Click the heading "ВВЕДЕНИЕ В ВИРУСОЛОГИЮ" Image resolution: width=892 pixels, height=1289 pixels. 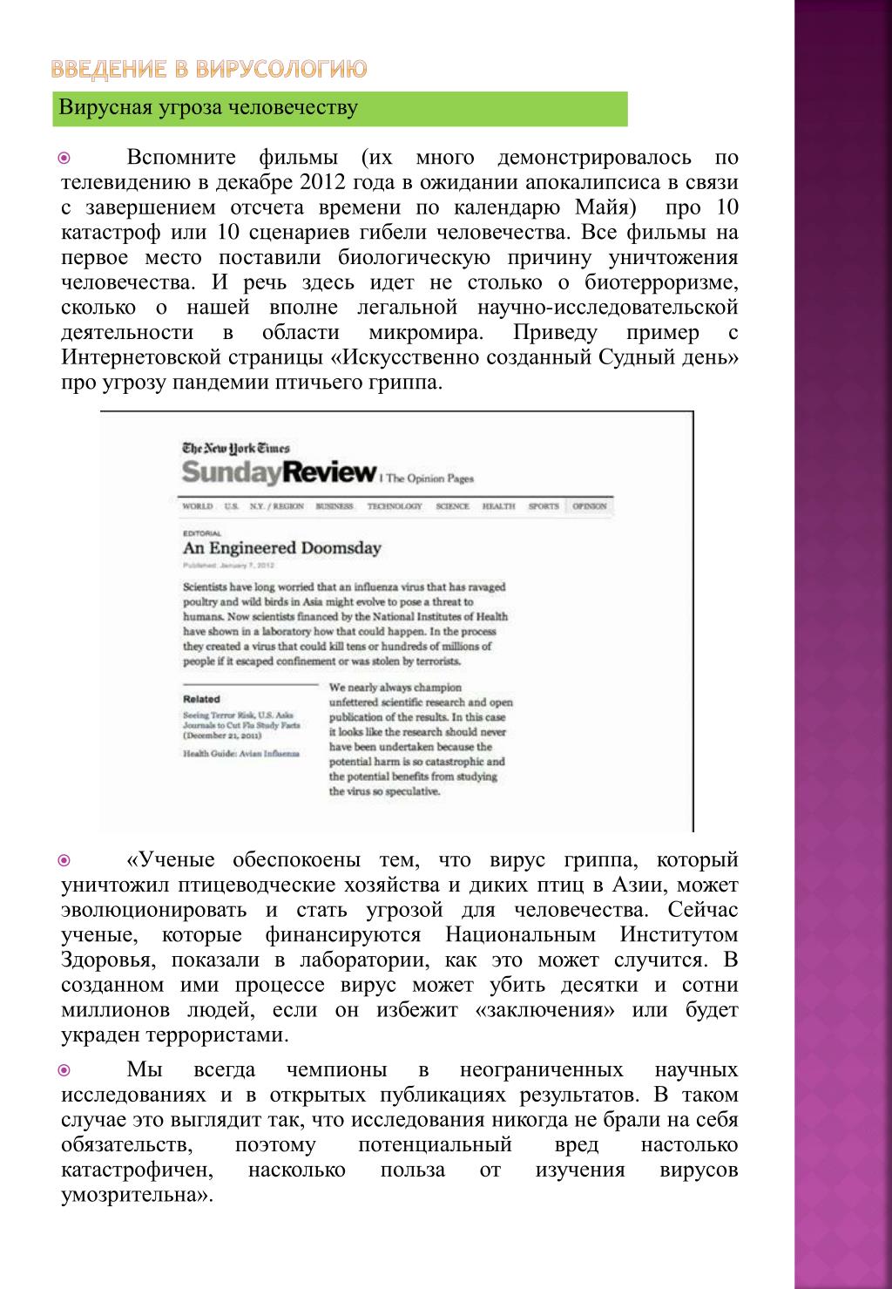coord(207,69)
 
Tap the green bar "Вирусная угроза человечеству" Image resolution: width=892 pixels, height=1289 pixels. coord(340,108)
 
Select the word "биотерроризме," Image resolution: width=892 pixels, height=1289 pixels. coord(661,283)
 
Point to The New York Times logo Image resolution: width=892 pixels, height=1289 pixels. coord(235,449)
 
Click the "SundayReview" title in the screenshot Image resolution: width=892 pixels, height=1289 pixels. coord(278,473)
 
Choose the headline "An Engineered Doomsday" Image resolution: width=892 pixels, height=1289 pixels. coord(281,548)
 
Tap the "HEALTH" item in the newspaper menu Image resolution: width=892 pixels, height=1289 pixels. coord(498,506)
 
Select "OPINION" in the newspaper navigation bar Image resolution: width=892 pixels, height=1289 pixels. coord(589,506)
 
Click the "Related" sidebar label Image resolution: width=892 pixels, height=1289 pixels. coord(201,699)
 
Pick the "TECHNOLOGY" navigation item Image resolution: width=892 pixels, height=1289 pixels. coord(394,506)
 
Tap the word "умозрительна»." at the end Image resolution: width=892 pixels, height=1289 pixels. coord(137,1195)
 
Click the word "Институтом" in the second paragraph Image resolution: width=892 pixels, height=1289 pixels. coord(679,935)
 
